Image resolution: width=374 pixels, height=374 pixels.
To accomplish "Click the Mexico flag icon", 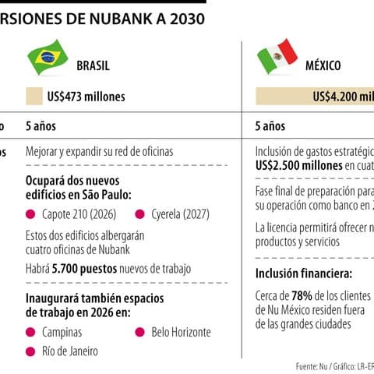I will (x=277, y=55).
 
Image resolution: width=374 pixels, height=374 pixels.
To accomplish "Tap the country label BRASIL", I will (x=93, y=66).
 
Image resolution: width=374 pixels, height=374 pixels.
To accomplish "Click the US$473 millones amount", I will (x=86, y=97).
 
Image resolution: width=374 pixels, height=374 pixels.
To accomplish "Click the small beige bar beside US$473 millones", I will (x=34, y=97).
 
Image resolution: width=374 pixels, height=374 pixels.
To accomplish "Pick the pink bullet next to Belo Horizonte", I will (x=140, y=332).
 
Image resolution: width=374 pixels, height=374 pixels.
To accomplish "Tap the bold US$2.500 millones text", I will (x=299, y=166).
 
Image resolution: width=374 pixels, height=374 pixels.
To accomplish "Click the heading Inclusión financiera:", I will (x=304, y=273).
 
